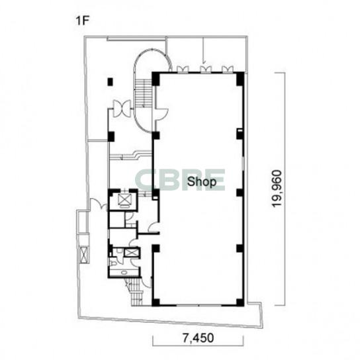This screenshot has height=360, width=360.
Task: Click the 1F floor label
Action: (x=82, y=21)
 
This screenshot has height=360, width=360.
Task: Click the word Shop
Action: (x=202, y=181)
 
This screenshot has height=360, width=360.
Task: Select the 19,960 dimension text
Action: (x=277, y=189)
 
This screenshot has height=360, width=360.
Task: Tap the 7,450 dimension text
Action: (x=199, y=338)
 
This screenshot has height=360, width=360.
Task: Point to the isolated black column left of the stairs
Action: (x=111, y=82)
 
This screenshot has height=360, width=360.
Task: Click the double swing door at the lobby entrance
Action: (x=122, y=109)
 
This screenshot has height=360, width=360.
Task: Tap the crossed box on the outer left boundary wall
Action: (x=83, y=254)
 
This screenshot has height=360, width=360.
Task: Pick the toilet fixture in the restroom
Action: (x=113, y=263)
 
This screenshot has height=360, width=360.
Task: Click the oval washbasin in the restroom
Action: (x=124, y=273)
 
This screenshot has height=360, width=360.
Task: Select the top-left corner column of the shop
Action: (x=156, y=79)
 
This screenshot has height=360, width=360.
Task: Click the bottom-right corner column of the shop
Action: (x=240, y=302)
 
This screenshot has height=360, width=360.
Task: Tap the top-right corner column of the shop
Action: (x=240, y=79)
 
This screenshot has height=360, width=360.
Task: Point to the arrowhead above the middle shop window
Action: (x=204, y=62)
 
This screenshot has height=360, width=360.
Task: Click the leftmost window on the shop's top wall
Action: (x=183, y=69)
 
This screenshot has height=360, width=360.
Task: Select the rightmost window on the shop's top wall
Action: (x=228, y=69)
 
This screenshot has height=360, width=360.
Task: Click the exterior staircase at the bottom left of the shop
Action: (x=136, y=292)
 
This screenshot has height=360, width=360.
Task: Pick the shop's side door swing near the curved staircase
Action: (x=162, y=114)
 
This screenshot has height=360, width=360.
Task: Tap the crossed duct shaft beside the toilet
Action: (x=131, y=253)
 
